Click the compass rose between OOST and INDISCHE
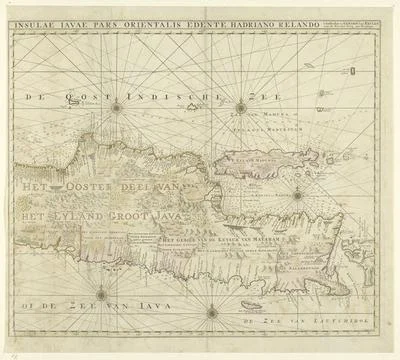[117, 105]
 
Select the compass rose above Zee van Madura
[240, 108]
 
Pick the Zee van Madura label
[258, 124]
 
